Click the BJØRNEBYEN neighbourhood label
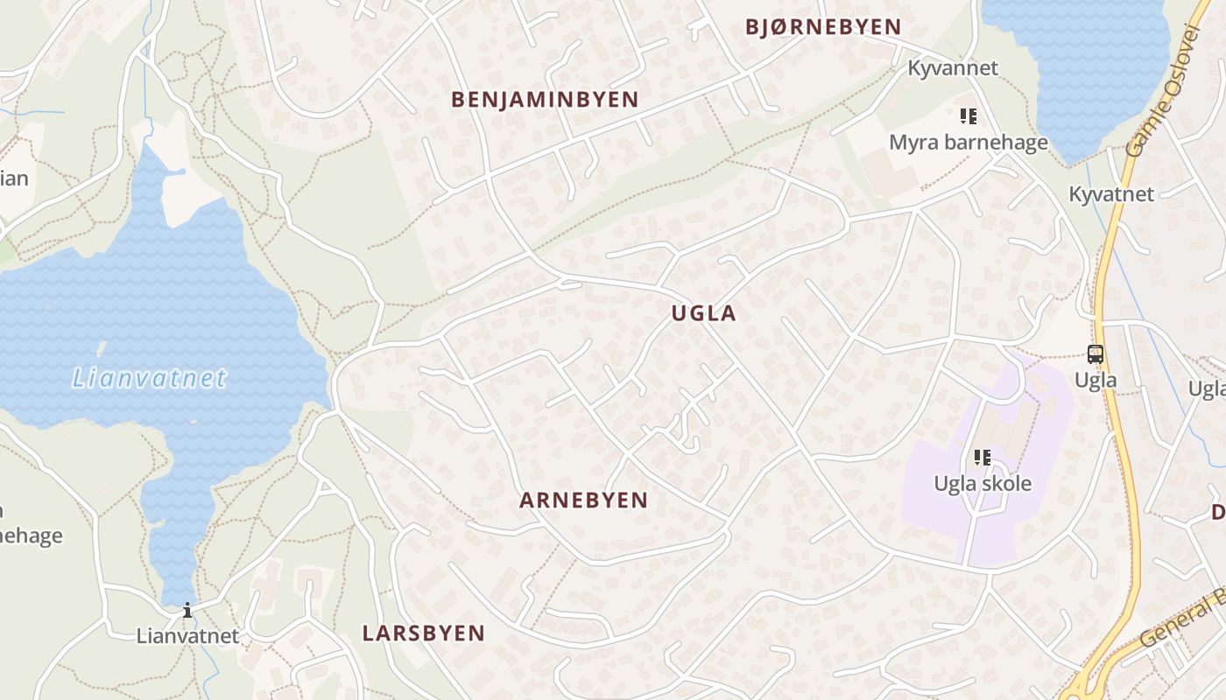click(823, 27)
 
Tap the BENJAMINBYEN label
click(545, 100)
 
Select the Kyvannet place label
click(952, 67)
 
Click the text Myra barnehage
click(969, 142)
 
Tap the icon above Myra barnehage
click(968, 115)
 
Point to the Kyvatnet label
click(1111, 193)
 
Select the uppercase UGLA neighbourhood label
click(704, 313)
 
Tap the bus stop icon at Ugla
click(1096, 354)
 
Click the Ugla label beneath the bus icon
click(1096, 380)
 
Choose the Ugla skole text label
click(983, 483)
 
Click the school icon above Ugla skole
click(983, 457)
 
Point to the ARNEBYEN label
click(583, 500)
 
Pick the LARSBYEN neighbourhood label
click(424, 633)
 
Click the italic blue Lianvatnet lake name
click(149, 378)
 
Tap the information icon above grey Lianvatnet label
click(187, 610)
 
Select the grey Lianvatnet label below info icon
click(187, 635)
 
